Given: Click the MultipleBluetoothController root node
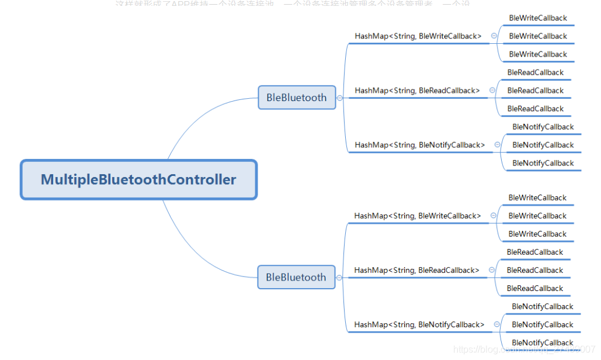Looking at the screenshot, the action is [138, 179].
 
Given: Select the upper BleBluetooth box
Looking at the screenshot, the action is [297, 98].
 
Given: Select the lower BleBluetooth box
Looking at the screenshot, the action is [296, 277].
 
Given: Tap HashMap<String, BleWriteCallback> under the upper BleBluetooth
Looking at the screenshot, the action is [418, 36].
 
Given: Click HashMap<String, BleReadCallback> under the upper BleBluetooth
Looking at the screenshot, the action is [417, 91].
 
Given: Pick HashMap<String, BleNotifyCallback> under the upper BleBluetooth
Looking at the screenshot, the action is [420, 145].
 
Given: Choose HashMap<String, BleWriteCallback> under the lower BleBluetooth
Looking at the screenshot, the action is [418, 216].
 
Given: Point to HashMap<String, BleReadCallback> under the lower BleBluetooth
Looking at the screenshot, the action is [416, 270].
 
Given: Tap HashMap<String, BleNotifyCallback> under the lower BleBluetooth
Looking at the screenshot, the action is [419, 324].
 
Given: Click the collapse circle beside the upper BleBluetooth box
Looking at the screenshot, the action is [340, 98].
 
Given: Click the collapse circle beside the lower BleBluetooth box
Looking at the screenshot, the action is [339, 278].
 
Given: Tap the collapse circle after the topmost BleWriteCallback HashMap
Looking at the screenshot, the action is [494, 36].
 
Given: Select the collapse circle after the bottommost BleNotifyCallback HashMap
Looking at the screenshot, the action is [496, 324].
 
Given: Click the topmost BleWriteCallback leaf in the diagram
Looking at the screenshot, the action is [538, 18].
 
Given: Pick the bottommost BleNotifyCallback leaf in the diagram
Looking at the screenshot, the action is [543, 342].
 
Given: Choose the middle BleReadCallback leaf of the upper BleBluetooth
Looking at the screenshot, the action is [536, 91].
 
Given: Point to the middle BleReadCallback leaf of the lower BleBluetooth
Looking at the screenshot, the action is [535, 270].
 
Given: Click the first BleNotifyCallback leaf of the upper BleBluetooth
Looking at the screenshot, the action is [543, 127].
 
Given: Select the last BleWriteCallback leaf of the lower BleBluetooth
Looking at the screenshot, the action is [537, 234].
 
